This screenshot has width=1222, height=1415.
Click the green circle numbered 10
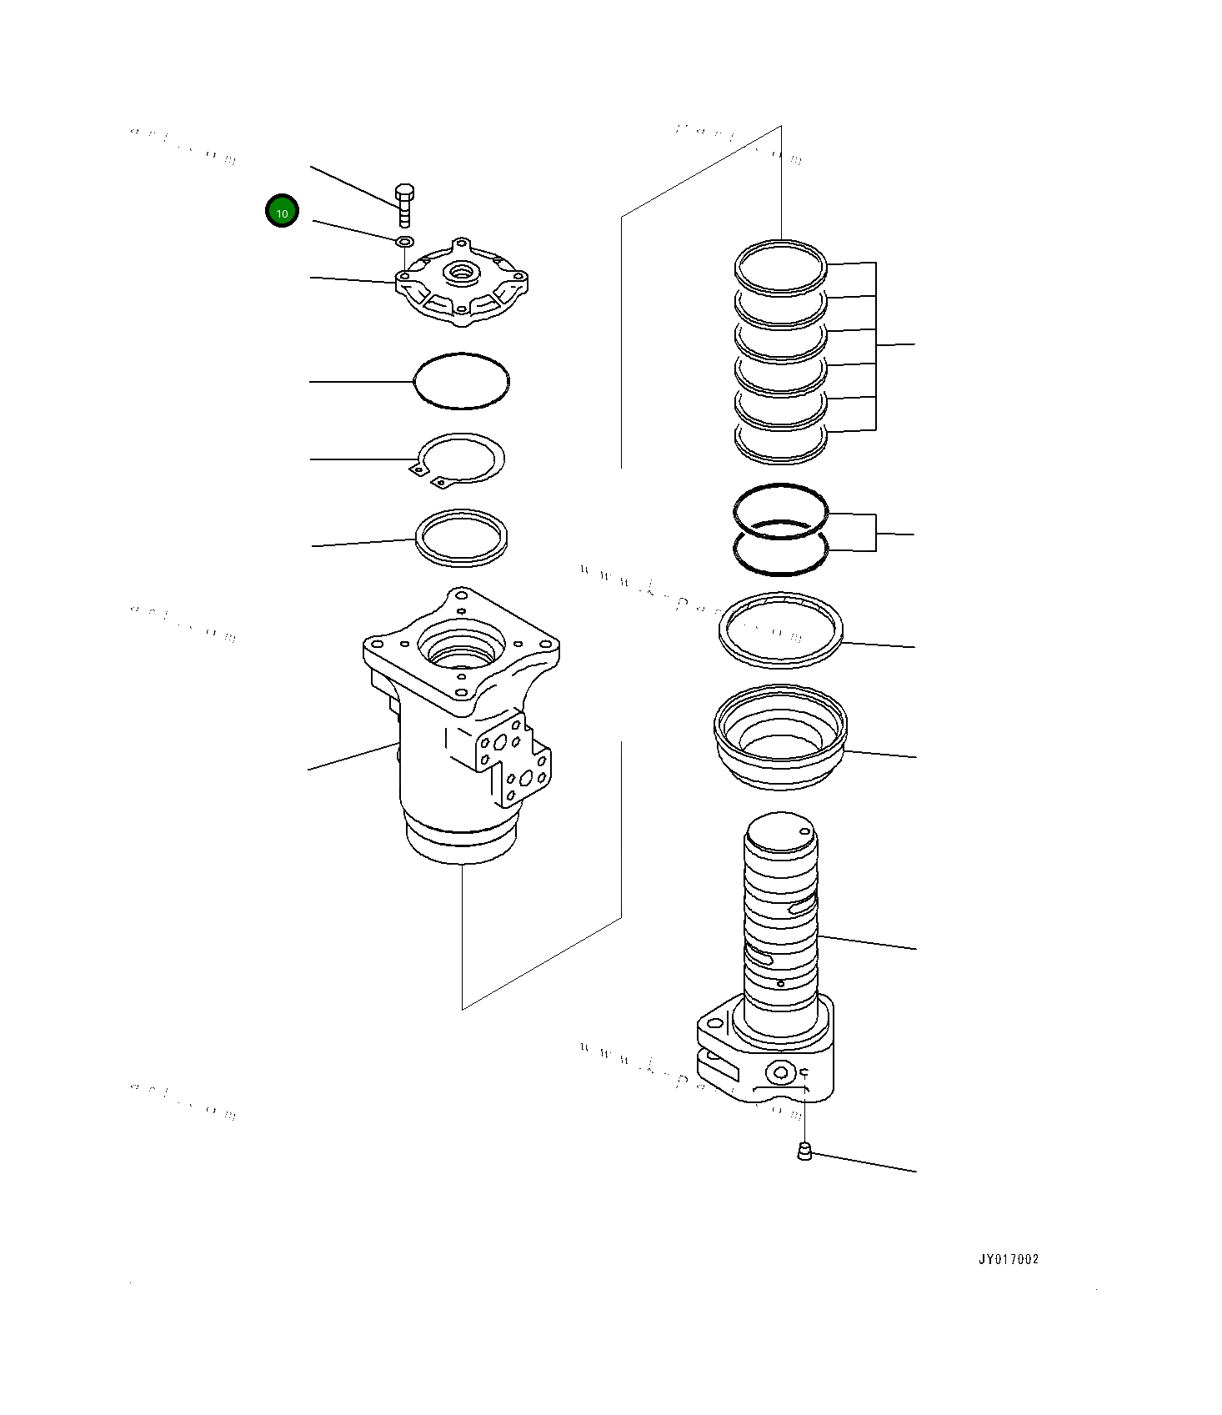click(282, 212)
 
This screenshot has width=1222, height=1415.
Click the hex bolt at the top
click(404, 203)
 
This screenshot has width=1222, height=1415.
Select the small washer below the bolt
click(404, 241)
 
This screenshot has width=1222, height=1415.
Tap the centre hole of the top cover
click(460, 272)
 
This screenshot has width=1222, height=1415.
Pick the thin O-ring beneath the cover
click(461, 381)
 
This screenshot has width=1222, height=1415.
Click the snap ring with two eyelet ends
click(461, 458)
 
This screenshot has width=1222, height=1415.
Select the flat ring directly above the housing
click(462, 538)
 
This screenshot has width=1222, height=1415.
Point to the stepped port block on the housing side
click(512, 759)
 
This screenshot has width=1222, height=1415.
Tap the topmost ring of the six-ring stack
click(781, 268)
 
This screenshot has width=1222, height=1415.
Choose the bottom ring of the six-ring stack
click(781, 444)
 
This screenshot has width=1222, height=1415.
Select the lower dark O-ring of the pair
click(781, 550)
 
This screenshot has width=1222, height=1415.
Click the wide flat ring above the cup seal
click(781, 630)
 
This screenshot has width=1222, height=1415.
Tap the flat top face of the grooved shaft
click(780, 833)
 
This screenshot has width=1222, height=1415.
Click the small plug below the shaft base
click(804, 1152)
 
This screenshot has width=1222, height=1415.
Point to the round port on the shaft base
click(781, 1072)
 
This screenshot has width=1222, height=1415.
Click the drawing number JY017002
click(1009, 1259)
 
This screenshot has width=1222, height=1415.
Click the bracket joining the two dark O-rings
click(875, 533)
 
